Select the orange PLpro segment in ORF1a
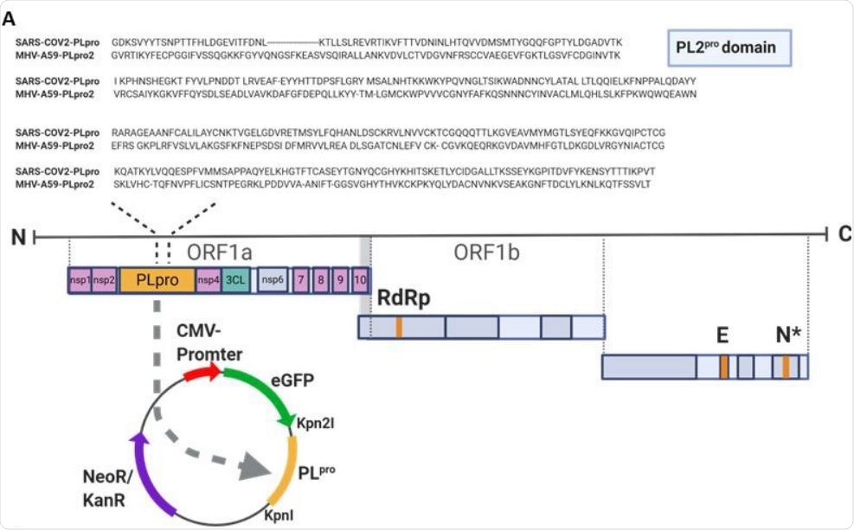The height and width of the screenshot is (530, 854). (157, 280)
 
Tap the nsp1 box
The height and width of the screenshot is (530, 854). (80, 280)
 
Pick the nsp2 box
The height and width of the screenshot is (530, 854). (105, 280)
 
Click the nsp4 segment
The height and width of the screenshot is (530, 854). (209, 280)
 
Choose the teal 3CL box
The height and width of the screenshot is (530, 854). (235, 280)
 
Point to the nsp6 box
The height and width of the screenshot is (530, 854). (273, 280)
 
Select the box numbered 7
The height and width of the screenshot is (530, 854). (300, 280)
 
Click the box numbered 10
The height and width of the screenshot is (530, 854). (361, 280)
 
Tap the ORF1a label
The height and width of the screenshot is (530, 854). (220, 251)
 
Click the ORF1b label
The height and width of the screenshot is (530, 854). (487, 251)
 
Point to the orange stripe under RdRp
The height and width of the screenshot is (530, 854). (399, 327)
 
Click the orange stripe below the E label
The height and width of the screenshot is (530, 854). (724, 367)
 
